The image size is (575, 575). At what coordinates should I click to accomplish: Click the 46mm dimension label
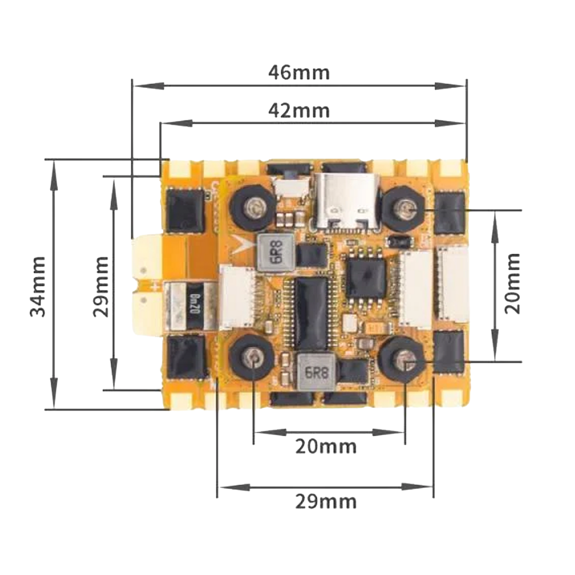click(299, 73)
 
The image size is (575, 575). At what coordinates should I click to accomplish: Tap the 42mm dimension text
click(299, 111)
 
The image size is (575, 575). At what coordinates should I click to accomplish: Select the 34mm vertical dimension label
click(38, 287)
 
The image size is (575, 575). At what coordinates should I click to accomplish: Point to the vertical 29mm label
click(101, 287)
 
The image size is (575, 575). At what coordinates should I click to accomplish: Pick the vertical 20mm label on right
click(512, 284)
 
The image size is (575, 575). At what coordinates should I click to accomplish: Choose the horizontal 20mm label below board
click(326, 447)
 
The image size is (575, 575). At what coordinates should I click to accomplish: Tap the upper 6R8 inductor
click(275, 253)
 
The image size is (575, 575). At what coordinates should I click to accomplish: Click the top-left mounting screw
click(253, 207)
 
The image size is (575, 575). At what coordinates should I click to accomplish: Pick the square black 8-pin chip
click(366, 277)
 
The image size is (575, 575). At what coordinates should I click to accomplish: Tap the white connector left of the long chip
click(237, 299)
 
